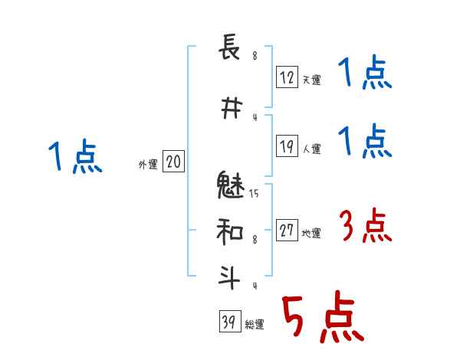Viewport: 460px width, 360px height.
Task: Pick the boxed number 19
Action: point(287,146)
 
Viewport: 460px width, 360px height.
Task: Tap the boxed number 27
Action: point(287,231)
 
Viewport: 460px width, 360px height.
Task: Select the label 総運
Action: point(254,325)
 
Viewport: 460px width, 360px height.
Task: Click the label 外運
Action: point(148,165)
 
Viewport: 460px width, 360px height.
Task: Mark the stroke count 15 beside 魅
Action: point(254,195)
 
